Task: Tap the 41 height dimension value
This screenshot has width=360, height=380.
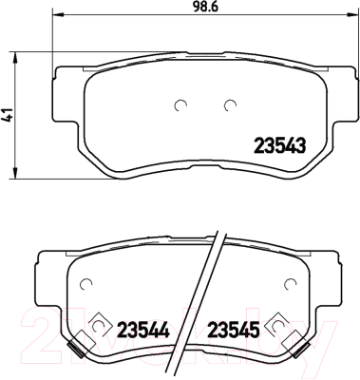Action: [x=8, y=115]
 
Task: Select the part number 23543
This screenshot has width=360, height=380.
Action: [x=280, y=146]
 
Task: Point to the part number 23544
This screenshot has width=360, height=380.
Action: [x=143, y=330]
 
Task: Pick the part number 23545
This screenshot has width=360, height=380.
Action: [x=234, y=330]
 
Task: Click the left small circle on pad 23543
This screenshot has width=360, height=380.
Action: [x=181, y=105]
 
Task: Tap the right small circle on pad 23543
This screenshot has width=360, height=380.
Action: [x=230, y=105]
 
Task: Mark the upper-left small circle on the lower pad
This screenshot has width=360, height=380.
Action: [x=85, y=284]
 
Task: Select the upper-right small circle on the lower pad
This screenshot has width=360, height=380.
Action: [x=290, y=284]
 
